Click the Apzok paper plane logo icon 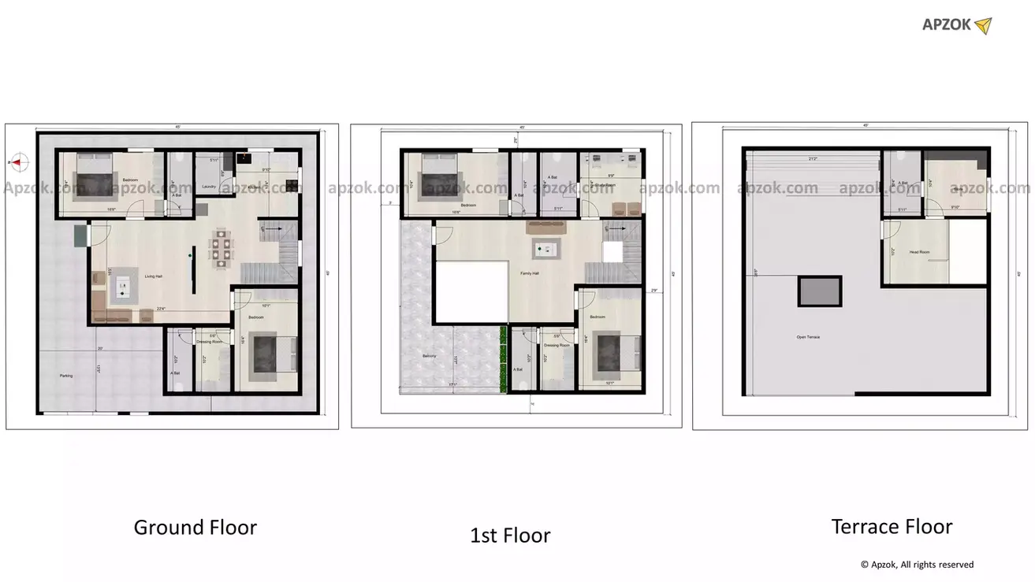[x=982, y=26]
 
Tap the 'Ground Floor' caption [x=195, y=527]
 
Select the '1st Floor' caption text [x=510, y=536]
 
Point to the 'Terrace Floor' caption [x=892, y=526]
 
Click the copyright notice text [x=917, y=565]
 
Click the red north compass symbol [x=19, y=163]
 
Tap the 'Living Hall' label [x=153, y=276]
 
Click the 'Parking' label [x=66, y=376]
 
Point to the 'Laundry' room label [x=209, y=187]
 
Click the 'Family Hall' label [x=529, y=273]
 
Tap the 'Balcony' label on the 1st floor [x=430, y=357]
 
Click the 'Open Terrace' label [x=808, y=337]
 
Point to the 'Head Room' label [x=919, y=253]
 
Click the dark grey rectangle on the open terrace [x=820, y=291]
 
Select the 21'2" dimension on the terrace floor [x=813, y=159]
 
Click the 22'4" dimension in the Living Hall [x=161, y=308]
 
